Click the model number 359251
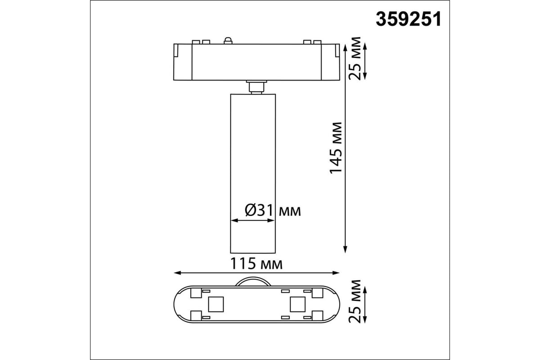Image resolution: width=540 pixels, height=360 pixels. click(409, 19)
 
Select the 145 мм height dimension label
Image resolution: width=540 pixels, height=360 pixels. click(336, 148)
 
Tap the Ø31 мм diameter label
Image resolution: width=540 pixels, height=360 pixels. click(273, 210)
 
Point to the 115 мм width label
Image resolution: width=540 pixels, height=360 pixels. click(256, 264)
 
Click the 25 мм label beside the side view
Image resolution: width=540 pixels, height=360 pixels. click(355, 58)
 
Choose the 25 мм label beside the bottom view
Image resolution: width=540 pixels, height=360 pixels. click(355, 301)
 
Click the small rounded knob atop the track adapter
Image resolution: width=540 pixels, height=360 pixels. click(228, 40)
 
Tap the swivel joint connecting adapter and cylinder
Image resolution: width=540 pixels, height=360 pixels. click(256, 87)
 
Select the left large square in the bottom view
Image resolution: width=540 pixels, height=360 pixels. click(216, 304)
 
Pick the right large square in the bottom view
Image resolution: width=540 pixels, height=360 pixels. click(297, 304)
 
